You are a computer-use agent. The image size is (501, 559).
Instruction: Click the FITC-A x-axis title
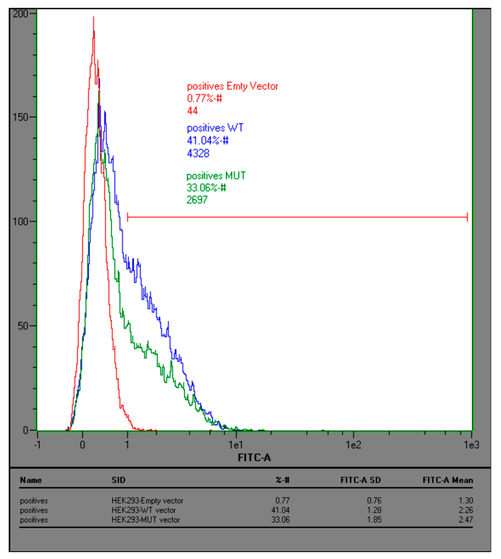click(x=254, y=457)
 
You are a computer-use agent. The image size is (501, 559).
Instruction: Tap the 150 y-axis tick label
click(x=21, y=117)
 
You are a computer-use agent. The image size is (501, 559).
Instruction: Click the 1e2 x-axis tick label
click(x=353, y=444)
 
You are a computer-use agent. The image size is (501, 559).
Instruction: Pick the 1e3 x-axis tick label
click(x=471, y=444)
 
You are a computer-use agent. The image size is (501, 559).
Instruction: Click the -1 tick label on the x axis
click(x=37, y=444)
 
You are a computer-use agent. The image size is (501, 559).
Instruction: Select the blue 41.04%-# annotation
click(x=208, y=140)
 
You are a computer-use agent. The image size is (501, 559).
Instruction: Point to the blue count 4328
click(x=198, y=153)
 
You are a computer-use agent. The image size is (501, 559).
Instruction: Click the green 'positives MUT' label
click(x=216, y=176)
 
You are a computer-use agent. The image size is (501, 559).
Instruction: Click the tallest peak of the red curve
click(x=94, y=18)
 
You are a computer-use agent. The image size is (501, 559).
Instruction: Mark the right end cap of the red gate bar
click(x=467, y=217)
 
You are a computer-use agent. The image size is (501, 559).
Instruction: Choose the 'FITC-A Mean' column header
click(x=447, y=480)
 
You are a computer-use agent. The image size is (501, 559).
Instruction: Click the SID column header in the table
click(x=118, y=480)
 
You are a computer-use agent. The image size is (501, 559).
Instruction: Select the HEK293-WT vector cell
click(x=143, y=510)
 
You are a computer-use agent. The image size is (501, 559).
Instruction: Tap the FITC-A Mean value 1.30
click(x=466, y=500)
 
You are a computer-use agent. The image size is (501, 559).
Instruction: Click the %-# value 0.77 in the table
click(x=282, y=500)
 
